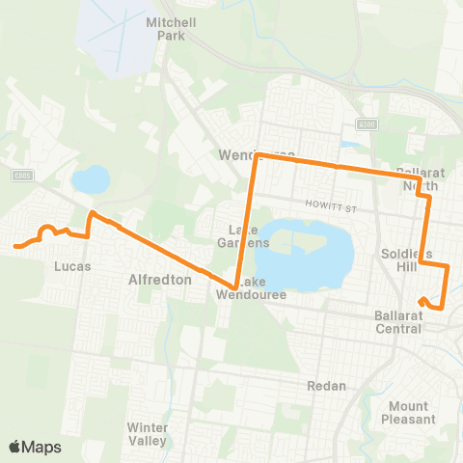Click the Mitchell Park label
point(163,28)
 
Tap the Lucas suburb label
point(72,264)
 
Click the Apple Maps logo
point(35,447)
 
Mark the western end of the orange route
point(15,246)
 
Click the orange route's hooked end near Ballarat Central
point(422,301)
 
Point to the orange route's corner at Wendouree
point(256,155)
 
